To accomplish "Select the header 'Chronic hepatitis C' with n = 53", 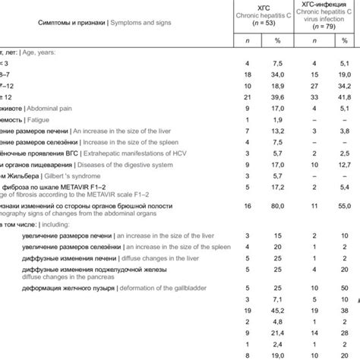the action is [x=263, y=17].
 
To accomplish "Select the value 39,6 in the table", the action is [x=277, y=97].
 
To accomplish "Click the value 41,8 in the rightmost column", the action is [x=343, y=97].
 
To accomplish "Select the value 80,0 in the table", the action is [x=277, y=206].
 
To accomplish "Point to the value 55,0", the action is [x=343, y=206].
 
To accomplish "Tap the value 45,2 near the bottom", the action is [x=277, y=310].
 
